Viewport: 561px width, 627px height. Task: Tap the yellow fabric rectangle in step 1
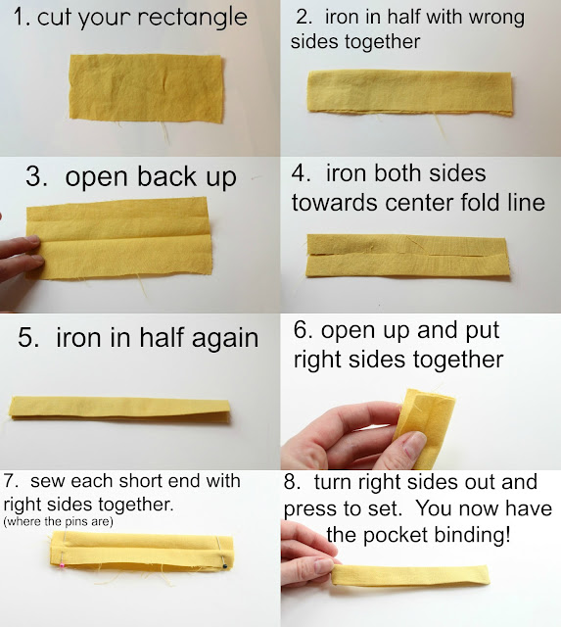coord(148,89)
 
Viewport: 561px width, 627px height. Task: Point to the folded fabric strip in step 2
coord(409,94)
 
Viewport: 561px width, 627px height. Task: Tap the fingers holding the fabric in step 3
coord(20,254)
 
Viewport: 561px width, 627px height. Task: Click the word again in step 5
coord(224,338)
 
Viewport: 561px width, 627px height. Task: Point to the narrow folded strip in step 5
coord(119,408)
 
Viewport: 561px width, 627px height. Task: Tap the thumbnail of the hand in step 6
coord(414,443)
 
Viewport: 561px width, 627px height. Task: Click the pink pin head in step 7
coord(62,565)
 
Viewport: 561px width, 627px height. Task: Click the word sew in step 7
coord(44,481)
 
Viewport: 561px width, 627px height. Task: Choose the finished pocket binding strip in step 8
coord(410,576)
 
